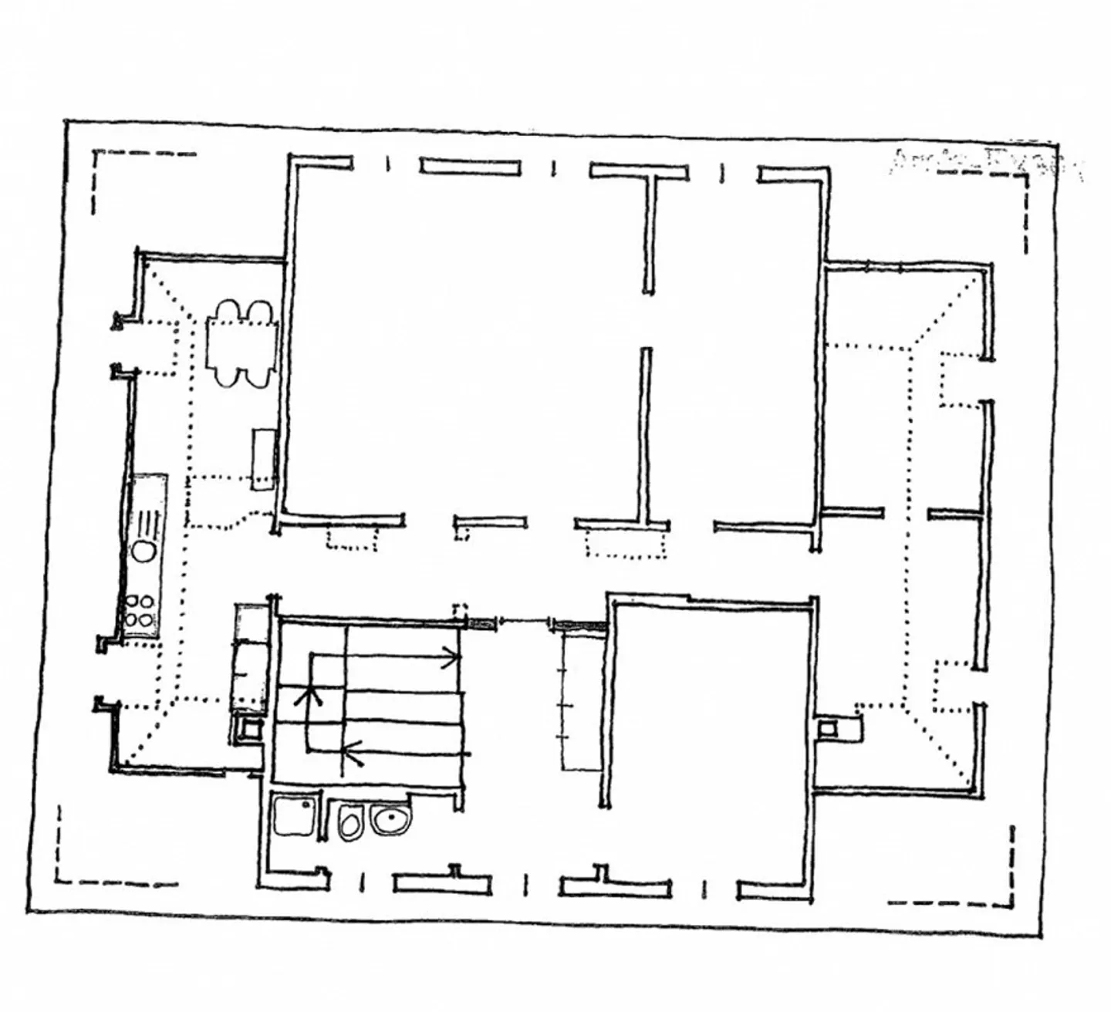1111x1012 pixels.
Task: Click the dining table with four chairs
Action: (x=241, y=344)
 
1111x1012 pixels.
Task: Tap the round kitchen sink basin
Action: (x=144, y=551)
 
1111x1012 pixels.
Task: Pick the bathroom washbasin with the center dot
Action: (x=391, y=819)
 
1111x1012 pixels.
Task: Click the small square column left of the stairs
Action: (x=250, y=727)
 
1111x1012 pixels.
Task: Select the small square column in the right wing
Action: (x=827, y=727)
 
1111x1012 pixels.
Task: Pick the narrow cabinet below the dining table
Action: (x=264, y=460)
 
